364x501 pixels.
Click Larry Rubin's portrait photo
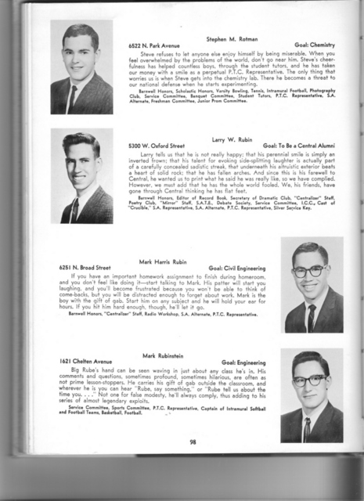tap(81, 175)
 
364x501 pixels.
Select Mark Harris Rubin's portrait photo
tap(311, 286)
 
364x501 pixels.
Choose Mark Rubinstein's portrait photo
tap(311, 396)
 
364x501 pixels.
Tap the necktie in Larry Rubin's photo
tap(75, 208)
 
